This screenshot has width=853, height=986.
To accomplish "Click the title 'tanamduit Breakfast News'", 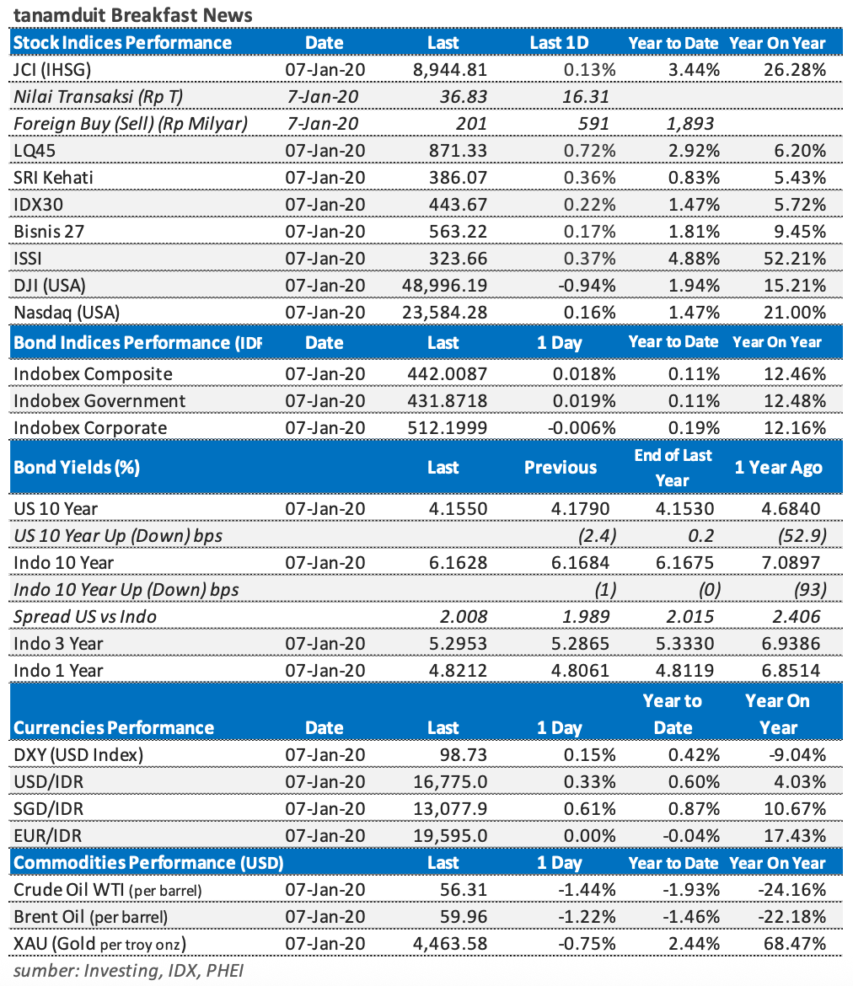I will [x=132, y=15].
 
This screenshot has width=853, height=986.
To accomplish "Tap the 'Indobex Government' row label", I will [x=99, y=400].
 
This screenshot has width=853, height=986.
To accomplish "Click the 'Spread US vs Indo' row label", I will [x=85, y=616].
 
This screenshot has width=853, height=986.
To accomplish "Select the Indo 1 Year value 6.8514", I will [x=793, y=670].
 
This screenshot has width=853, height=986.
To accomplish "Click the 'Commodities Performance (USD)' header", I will [x=149, y=862].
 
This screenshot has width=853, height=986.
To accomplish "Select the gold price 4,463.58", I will [x=448, y=943].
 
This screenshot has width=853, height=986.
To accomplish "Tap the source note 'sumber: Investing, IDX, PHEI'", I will [x=128, y=970].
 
